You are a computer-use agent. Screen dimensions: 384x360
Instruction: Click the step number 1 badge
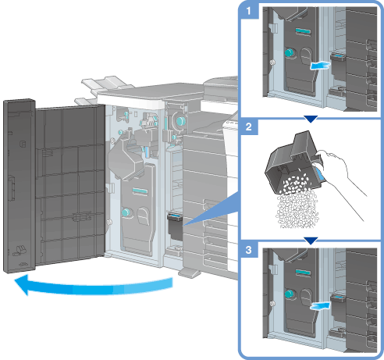click(x=249, y=11)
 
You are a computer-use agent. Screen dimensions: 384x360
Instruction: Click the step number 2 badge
click(x=249, y=127)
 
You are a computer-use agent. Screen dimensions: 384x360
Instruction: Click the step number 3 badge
click(x=249, y=250)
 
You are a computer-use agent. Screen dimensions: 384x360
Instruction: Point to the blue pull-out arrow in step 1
click(x=320, y=66)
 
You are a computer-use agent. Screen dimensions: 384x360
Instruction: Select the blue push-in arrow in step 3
click(x=320, y=306)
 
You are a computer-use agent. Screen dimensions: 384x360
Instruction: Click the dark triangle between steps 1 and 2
click(x=311, y=119)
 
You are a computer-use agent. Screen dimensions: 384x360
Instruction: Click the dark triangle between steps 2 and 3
click(x=311, y=241)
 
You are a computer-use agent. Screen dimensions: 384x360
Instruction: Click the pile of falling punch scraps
click(x=297, y=205)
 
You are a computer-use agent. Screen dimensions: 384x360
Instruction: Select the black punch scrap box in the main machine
click(x=175, y=227)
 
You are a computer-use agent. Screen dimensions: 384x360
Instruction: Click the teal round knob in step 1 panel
click(x=289, y=53)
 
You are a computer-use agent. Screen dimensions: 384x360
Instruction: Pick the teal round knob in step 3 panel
click(x=289, y=294)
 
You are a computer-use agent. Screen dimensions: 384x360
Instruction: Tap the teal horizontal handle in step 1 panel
click(x=303, y=31)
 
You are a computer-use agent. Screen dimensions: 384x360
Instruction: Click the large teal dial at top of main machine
click(x=180, y=121)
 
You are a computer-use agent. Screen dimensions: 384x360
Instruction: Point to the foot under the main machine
click(x=190, y=273)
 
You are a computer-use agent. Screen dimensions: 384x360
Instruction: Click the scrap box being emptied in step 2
click(x=294, y=163)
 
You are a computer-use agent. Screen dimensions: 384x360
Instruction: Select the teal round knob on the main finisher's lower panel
click(x=126, y=212)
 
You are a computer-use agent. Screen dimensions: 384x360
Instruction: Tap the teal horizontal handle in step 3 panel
click(x=303, y=273)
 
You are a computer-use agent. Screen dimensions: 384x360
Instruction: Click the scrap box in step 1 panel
click(x=338, y=66)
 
